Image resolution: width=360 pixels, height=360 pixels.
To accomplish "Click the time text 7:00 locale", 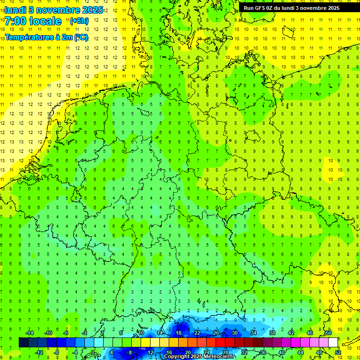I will [x=33, y=21].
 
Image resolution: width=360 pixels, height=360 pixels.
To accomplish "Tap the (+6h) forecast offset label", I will [x=79, y=21].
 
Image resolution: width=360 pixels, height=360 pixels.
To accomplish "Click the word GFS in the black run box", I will [x=261, y=8].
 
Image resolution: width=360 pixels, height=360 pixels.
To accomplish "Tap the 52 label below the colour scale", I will [x=338, y=352].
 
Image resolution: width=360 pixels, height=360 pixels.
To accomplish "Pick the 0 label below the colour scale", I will [x=93, y=352].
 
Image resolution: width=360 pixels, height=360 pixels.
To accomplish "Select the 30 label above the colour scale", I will [x=234, y=333].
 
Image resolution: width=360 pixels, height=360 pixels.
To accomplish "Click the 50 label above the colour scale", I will [x=328, y=333].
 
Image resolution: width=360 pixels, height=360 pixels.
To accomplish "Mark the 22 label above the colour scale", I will [x=197, y=333].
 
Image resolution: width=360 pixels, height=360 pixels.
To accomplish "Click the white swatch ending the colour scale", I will [x=333, y=343].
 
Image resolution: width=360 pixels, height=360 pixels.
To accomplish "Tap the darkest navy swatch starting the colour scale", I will [x=23, y=343].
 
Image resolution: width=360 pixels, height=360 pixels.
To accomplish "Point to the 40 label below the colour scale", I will [x=281, y=352].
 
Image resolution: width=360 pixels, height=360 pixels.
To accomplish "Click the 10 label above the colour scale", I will [x=141, y=333].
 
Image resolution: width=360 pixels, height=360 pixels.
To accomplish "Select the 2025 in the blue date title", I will [x=92, y=10].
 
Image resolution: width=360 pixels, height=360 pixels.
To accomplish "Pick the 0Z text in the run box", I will [x=270, y=8].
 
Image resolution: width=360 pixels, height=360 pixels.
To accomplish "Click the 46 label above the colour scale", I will [x=309, y=333].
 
